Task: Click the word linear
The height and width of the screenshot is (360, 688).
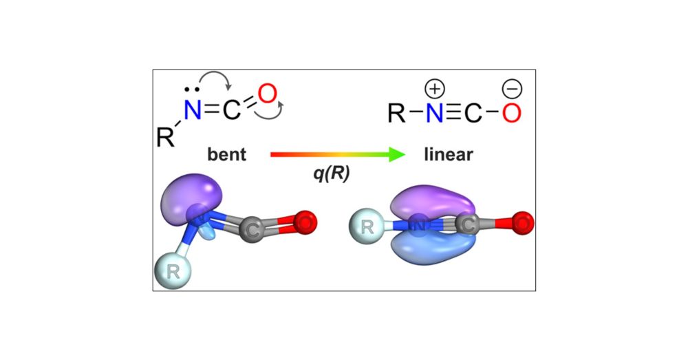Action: [x=449, y=155]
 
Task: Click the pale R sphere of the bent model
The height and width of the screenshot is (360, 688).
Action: [x=173, y=272]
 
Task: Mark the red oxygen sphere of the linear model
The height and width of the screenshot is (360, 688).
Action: [x=522, y=223]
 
